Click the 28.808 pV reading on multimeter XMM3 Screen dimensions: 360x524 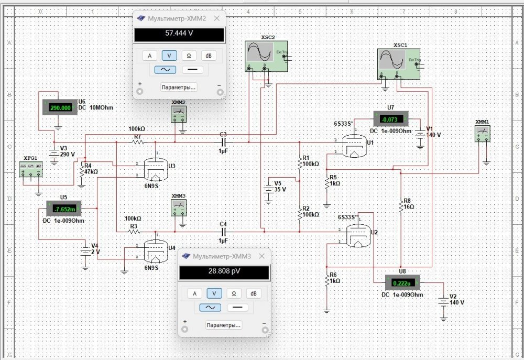pyautogui.click(x=224, y=272)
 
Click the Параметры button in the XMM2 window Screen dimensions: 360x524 pyautogui.click(x=179, y=87)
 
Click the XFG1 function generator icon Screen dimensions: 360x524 pyautogui.click(x=30, y=170)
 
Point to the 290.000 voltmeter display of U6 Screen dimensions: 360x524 pyautogui.click(x=60, y=107)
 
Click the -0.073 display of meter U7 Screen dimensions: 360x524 pyautogui.click(x=391, y=119)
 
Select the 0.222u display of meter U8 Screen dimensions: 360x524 pyautogui.click(x=402, y=283)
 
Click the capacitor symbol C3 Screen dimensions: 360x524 pyautogui.click(x=224, y=142)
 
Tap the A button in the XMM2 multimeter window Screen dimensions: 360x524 pyautogui.click(x=149, y=56)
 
